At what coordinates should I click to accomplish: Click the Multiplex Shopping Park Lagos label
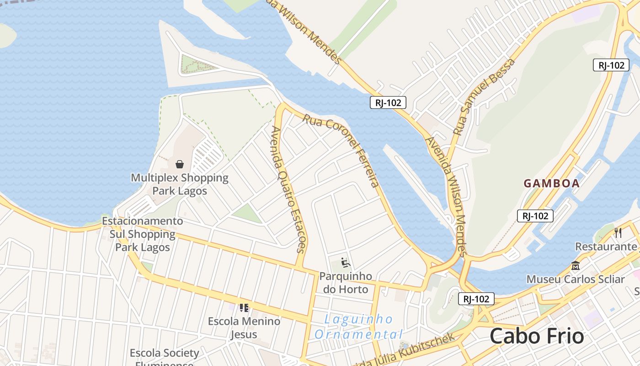click(x=180, y=184)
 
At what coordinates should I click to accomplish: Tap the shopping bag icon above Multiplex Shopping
click(x=180, y=164)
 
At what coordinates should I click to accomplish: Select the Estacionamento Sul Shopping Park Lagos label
click(x=143, y=234)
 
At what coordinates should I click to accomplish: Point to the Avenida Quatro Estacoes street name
click(x=288, y=189)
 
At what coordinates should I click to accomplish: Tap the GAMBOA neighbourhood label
click(x=551, y=183)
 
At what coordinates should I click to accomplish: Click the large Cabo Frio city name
click(x=537, y=336)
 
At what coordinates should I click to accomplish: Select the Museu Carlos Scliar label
click(x=575, y=279)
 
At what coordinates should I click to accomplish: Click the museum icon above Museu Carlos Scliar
click(x=575, y=265)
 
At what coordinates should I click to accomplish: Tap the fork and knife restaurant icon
click(x=618, y=232)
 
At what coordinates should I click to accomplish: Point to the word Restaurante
click(x=606, y=247)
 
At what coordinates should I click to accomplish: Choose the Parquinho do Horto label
click(x=346, y=283)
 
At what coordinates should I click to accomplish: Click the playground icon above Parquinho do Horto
click(x=346, y=263)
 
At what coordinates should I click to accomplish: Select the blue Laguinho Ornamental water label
click(x=358, y=327)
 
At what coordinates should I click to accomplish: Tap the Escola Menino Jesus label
click(x=244, y=328)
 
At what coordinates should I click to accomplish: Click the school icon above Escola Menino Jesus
click(x=244, y=307)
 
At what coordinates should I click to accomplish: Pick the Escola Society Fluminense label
click(x=165, y=357)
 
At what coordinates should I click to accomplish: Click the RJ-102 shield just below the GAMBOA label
click(x=535, y=216)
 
